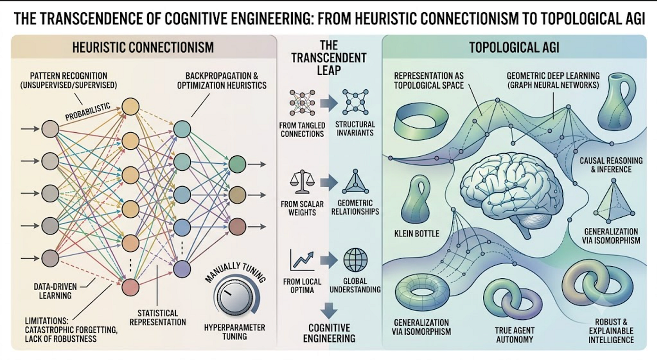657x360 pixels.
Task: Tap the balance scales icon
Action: point(302,182)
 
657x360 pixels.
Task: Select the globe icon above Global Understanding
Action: point(355,260)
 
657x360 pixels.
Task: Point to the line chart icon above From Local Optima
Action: point(302,260)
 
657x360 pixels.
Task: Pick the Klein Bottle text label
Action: point(417,234)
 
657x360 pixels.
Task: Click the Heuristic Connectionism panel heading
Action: point(143,47)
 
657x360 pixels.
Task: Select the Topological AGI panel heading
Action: point(514,47)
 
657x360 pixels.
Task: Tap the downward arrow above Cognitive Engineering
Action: point(329,310)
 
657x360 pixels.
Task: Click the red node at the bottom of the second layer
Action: point(130,288)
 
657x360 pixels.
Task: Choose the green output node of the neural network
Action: point(237,164)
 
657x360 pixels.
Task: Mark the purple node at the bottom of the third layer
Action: point(182,269)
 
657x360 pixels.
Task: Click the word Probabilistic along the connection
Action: point(88,112)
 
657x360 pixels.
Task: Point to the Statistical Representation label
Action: point(158,318)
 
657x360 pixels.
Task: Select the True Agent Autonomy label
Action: point(514,335)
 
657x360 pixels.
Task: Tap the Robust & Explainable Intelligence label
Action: point(611,331)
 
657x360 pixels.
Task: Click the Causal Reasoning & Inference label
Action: point(611,165)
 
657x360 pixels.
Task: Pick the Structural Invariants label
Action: point(355,129)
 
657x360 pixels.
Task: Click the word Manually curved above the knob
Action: point(222,272)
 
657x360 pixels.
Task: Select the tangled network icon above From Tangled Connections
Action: point(302,103)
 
